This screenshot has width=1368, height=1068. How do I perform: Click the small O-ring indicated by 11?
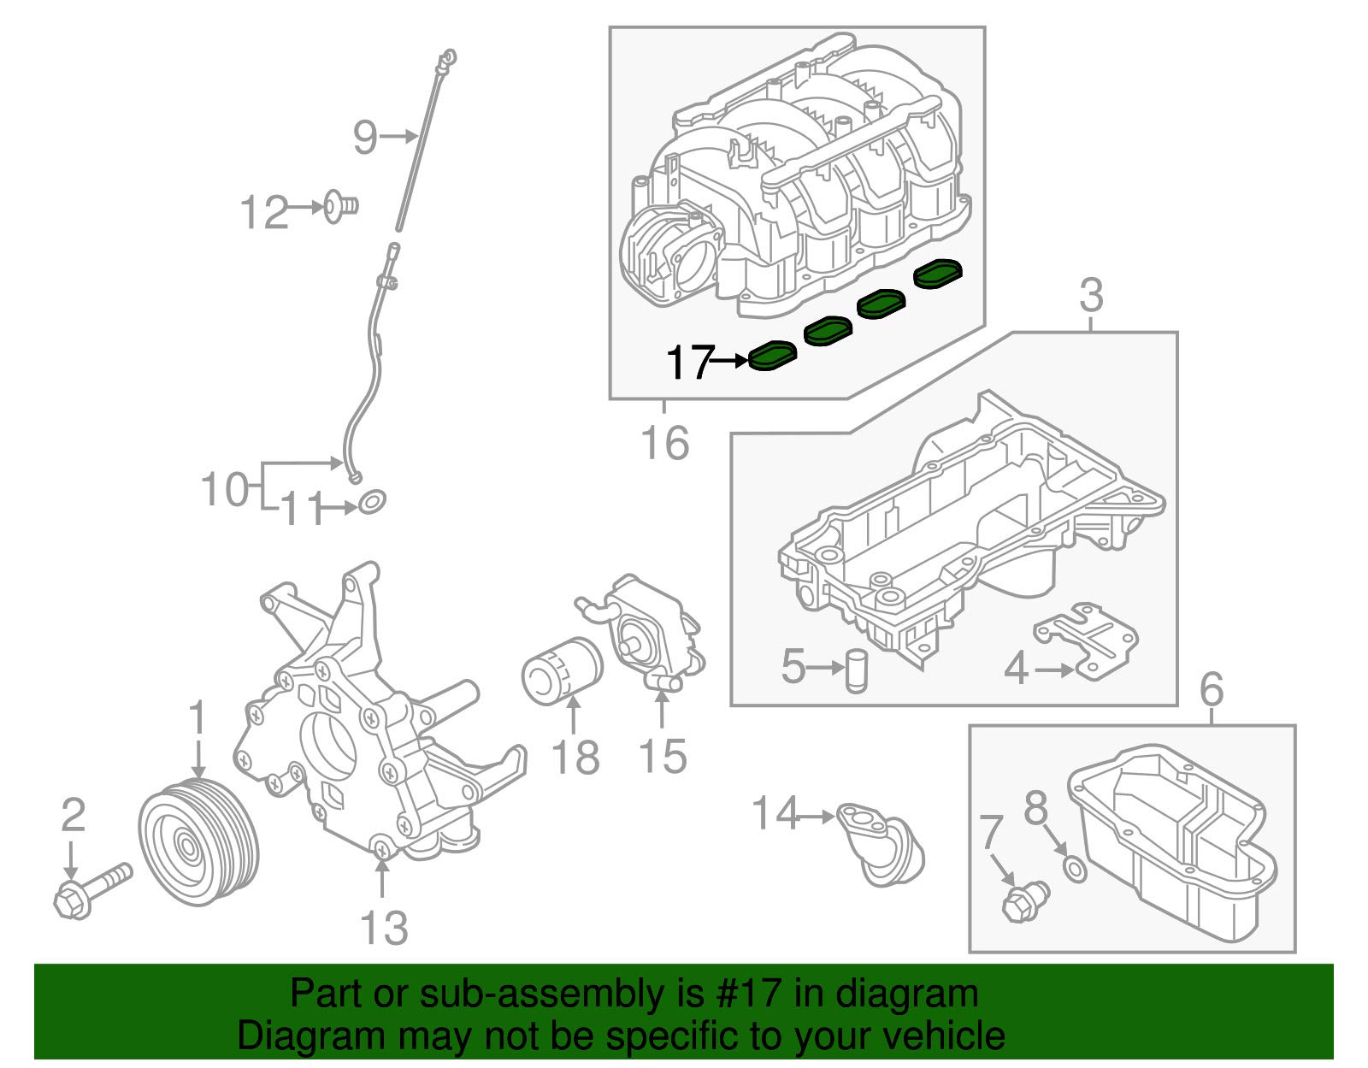click(x=371, y=502)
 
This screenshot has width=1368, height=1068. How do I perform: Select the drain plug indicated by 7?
click(x=1024, y=901)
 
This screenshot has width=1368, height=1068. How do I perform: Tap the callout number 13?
click(x=384, y=928)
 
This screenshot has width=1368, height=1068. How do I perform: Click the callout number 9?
click(x=364, y=137)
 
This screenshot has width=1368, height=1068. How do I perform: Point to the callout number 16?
click(x=665, y=442)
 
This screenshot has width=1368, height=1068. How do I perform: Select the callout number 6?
click(x=1212, y=689)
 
